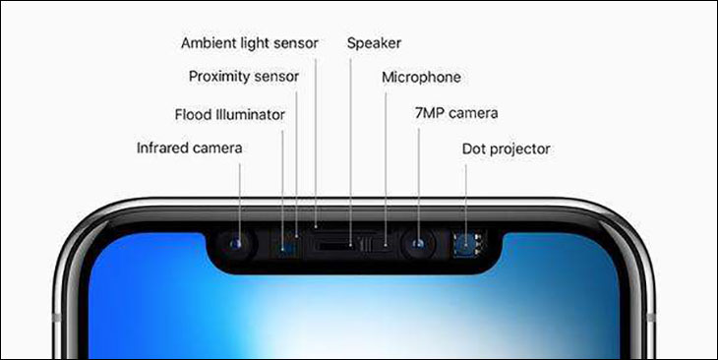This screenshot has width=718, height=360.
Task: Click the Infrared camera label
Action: click(189, 149)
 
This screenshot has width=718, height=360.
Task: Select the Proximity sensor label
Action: click(243, 76)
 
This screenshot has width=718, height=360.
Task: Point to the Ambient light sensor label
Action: click(250, 43)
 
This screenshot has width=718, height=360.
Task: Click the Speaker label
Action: click(374, 43)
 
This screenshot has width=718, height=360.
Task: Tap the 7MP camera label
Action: click(456, 113)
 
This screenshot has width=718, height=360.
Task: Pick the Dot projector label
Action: click(506, 149)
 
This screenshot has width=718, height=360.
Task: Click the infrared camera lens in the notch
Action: click(237, 243)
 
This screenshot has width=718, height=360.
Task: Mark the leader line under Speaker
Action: click(350, 148)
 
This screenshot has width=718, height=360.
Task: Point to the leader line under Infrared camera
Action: click(238, 197)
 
